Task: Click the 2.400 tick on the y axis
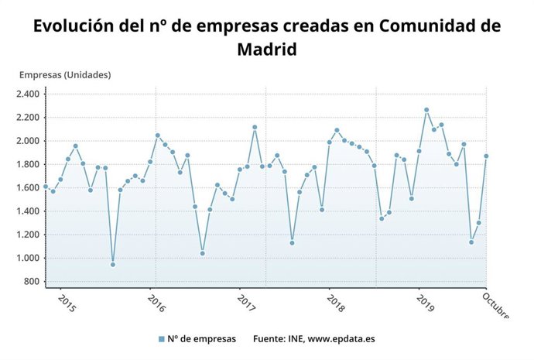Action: [x=27, y=94]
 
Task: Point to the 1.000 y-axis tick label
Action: [x=27, y=258]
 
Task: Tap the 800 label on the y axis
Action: [x=32, y=281]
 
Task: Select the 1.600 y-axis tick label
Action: [x=27, y=187]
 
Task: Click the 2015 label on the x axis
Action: [x=67, y=303]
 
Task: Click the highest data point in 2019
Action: [x=426, y=110]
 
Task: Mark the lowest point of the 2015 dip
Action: [x=113, y=265]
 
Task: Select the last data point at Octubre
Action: [x=486, y=156]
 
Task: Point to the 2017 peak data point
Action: [x=255, y=127]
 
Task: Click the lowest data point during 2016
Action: [x=203, y=253]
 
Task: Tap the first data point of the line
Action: [x=46, y=187]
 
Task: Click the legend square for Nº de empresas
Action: [x=161, y=339]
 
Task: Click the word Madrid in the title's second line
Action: [x=266, y=49]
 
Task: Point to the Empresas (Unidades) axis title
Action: [x=65, y=75]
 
